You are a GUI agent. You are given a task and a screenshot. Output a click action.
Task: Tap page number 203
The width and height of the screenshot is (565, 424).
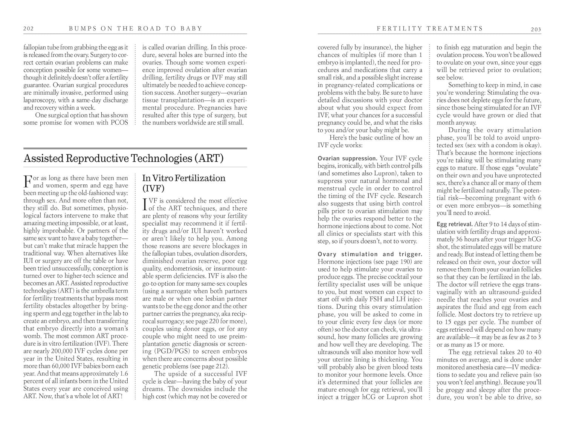coord(536,29)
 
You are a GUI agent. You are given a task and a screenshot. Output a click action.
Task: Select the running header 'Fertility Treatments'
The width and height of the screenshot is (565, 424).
coord(430,28)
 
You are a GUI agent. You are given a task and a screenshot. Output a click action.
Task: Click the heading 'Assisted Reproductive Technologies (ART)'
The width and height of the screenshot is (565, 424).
coord(124,158)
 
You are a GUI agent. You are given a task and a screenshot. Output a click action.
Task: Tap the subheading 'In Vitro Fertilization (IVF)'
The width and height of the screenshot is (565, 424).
coord(184,183)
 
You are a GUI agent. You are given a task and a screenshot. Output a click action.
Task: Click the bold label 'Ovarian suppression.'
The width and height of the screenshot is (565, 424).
coord(347,158)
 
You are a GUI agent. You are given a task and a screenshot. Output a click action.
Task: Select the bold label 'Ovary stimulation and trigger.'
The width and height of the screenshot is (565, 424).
coord(370,254)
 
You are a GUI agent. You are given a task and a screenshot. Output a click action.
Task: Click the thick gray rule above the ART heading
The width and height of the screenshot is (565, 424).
coord(135,148)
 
